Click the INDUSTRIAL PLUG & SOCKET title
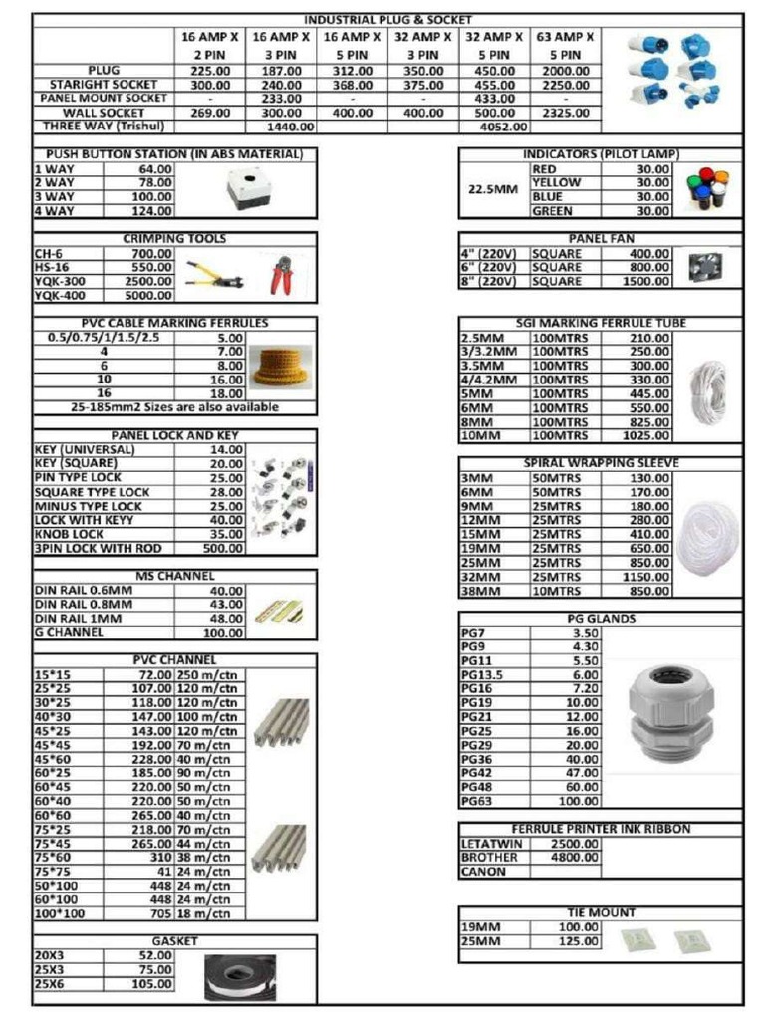point(387,20)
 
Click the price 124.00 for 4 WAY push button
point(153,211)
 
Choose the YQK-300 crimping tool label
point(60,282)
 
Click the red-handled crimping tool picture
point(282,275)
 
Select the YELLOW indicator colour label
point(556,183)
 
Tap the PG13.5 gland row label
point(483,674)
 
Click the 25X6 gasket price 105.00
point(152,984)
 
